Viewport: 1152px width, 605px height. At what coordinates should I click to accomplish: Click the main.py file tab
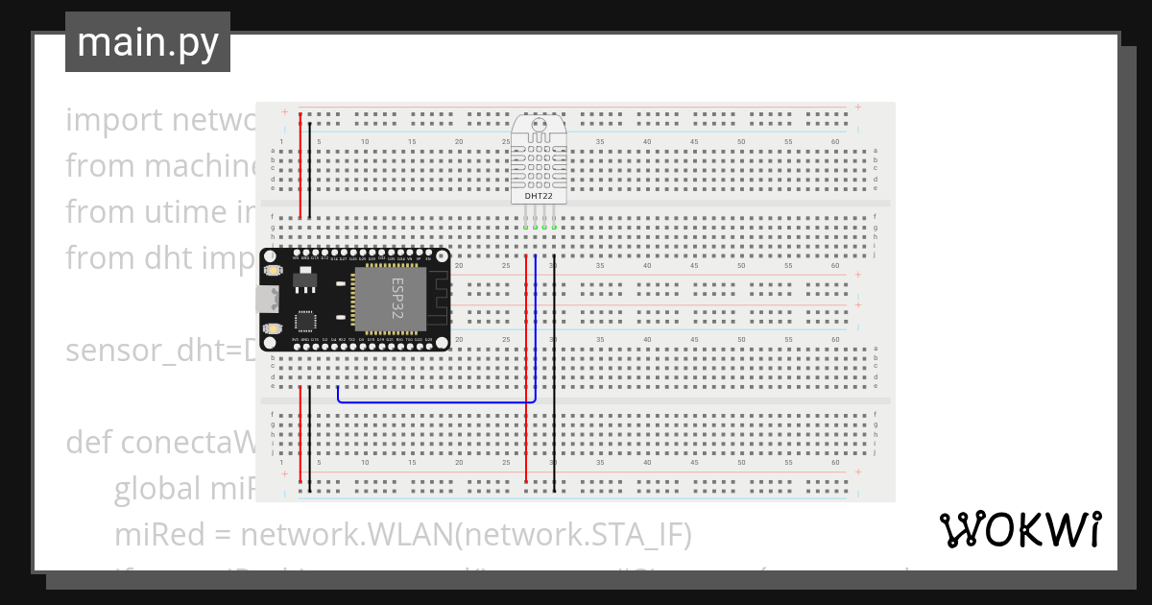pos(147,42)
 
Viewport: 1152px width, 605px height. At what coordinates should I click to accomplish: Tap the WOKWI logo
pos(1020,529)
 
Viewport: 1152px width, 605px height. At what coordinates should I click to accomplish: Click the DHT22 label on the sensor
pos(538,196)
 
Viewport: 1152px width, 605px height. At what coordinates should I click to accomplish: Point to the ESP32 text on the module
pos(396,300)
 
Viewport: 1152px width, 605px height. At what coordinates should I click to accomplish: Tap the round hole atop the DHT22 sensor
pos(538,123)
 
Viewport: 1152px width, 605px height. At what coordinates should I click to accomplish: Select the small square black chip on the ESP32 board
pos(305,322)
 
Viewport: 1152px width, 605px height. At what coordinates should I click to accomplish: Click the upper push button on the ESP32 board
pos(273,272)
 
